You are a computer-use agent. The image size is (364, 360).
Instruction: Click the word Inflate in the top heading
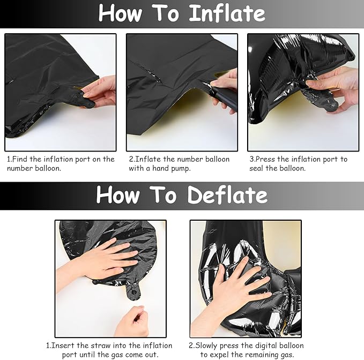(227, 13)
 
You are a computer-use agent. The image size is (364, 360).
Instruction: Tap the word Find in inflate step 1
(20, 159)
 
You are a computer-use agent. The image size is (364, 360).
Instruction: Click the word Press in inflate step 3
(265, 159)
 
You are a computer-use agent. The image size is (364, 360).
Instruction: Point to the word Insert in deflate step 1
(63, 346)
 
